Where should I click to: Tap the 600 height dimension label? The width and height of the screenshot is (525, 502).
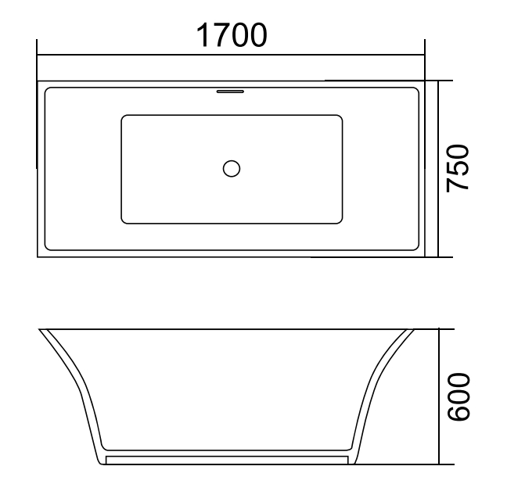coord(457,397)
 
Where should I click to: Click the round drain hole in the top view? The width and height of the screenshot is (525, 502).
coord(232,168)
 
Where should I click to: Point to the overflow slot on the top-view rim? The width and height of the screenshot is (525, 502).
coord(230,91)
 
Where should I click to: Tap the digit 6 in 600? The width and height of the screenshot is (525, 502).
coord(457,417)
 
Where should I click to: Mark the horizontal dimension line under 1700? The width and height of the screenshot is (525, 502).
coord(231,56)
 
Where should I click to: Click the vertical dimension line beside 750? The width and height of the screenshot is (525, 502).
coord(438,168)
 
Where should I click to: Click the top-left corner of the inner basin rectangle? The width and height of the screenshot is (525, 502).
coord(123,117)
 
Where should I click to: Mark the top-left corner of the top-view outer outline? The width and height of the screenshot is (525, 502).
coord(38,81)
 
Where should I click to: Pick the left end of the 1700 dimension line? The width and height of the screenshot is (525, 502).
coord(38,56)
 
